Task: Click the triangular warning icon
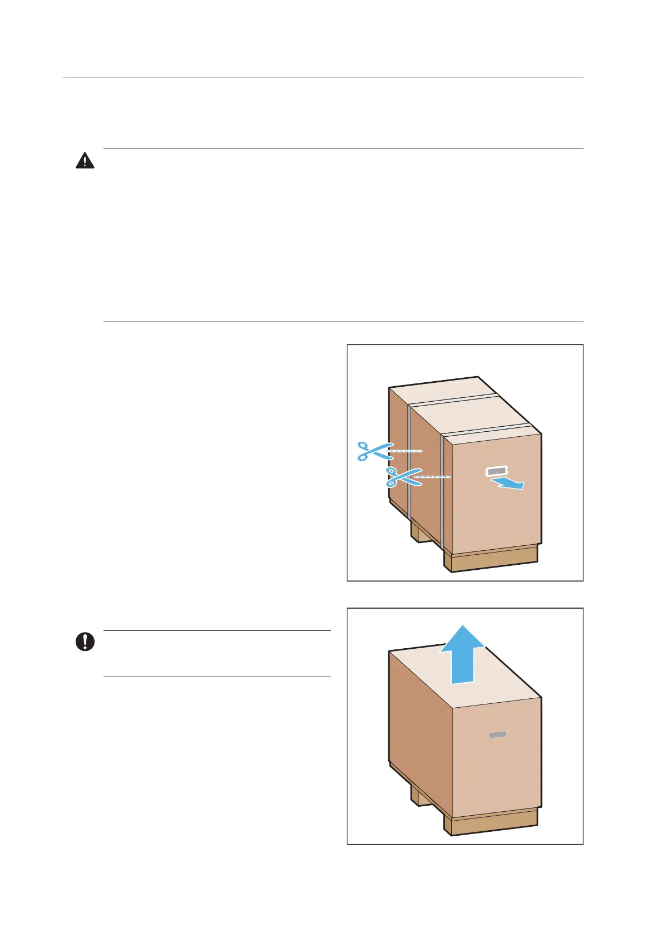pos(85,161)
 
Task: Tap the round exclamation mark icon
pos(85,642)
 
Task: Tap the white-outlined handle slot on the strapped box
pos(497,471)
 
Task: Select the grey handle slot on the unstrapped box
pos(498,734)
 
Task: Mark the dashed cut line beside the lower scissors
pos(434,477)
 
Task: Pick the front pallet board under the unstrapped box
pos(492,823)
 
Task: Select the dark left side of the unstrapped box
pos(420,723)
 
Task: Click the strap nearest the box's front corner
pos(443,490)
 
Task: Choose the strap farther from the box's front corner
pos(409,462)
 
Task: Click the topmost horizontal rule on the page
pos(323,77)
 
